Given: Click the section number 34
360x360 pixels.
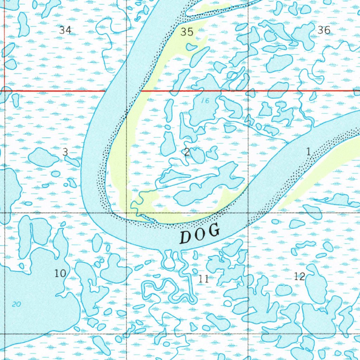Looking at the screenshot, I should pyautogui.click(x=65, y=30).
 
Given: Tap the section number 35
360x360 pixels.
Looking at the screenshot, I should pyautogui.click(x=187, y=32).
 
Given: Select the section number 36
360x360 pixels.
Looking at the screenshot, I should pyautogui.click(x=324, y=30).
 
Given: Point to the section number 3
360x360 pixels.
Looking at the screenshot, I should pyautogui.click(x=65, y=152).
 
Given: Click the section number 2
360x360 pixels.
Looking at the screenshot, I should pyautogui.click(x=187, y=152).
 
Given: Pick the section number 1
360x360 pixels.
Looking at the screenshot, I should pyautogui.click(x=308, y=152).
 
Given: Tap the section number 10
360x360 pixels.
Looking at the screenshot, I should pyautogui.click(x=60, y=273).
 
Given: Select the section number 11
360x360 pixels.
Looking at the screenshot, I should pyautogui.click(x=203, y=279).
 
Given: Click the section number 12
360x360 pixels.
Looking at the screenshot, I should pyautogui.click(x=299, y=276).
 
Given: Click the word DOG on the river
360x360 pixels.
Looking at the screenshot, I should pyautogui.click(x=200, y=234).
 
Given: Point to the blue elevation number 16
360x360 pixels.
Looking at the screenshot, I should pyautogui.click(x=205, y=101).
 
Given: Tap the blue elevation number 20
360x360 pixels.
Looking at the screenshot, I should pyautogui.click(x=16, y=304).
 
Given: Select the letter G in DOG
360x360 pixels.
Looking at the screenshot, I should pyautogui.click(x=214, y=231).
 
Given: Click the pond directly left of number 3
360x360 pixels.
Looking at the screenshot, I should pyautogui.click(x=43, y=157).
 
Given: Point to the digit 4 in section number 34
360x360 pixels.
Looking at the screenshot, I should pyautogui.click(x=68, y=30).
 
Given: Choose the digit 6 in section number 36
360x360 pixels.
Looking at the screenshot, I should pyautogui.click(x=327, y=30).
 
